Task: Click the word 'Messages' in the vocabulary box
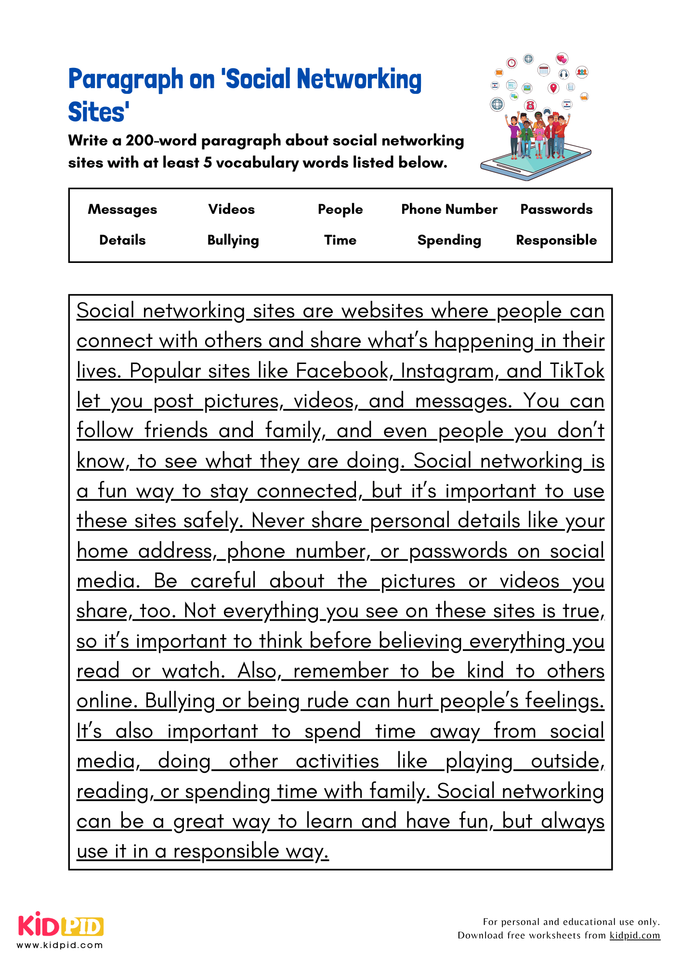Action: click(122, 209)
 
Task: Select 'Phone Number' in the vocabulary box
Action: click(449, 209)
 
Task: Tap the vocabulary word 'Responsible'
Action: click(556, 240)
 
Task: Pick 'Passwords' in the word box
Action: click(556, 209)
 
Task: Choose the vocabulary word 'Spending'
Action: click(449, 240)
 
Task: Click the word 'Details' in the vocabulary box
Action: click(122, 240)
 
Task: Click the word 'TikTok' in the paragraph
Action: click(576, 371)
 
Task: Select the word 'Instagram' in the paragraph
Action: click(447, 371)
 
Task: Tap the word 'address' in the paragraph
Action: click(175, 551)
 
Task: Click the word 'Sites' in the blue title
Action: click(98, 112)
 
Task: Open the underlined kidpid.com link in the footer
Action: click(635, 936)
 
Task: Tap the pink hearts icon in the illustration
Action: click(562, 59)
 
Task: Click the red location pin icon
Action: click(553, 88)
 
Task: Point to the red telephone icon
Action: click(530, 104)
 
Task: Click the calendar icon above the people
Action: click(544, 70)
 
